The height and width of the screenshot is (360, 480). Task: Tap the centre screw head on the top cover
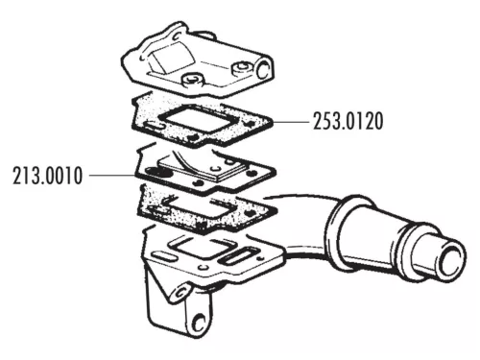[x=196, y=79]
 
